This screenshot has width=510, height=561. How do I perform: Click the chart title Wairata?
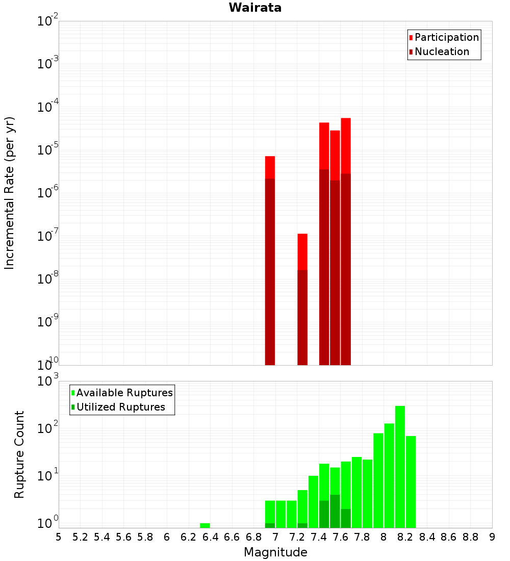[x=255, y=8]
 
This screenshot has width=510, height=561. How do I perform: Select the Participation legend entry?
[x=446, y=37]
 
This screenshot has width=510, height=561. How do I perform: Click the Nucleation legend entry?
[x=442, y=52]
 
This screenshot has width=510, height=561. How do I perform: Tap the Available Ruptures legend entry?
[x=124, y=393]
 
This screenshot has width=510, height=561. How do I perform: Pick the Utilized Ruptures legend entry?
[x=120, y=407]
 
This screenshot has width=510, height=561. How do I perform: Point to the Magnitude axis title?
[x=275, y=552]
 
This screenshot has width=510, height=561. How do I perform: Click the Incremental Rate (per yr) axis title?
[x=9, y=193]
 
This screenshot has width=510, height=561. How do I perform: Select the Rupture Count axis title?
[x=19, y=454]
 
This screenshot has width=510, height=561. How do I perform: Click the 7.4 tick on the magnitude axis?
[x=319, y=537]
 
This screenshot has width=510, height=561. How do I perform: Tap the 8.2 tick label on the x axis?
[x=405, y=537]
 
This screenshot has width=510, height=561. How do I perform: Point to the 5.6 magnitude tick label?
[x=123, y=537]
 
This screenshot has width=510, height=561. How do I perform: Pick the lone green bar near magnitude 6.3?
[x=205, y=525]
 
